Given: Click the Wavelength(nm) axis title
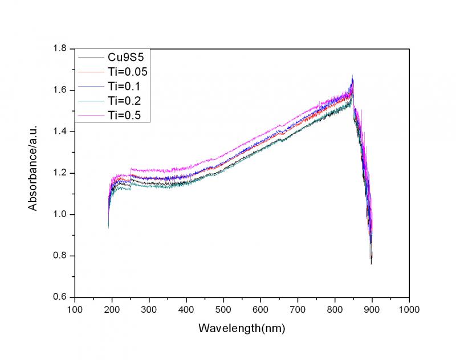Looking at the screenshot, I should [x=242, y=329].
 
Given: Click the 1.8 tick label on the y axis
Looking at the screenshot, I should [x=62, y=49].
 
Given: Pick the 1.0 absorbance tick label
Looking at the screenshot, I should [x=62, y=215].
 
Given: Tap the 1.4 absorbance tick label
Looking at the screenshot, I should [x=62, y=132].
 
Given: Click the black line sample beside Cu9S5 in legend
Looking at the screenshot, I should [x=89, y=58].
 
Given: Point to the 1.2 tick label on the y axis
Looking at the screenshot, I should [x=62, y=173].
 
